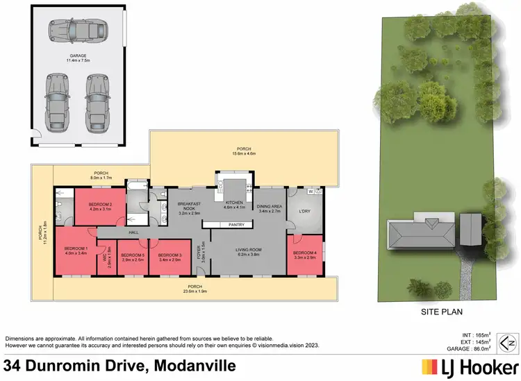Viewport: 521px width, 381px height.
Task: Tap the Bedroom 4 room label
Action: click(x=304, y=253)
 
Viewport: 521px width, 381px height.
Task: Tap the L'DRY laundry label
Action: click(x=303, y=210)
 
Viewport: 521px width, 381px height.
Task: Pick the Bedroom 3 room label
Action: click(x=170, y=256)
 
